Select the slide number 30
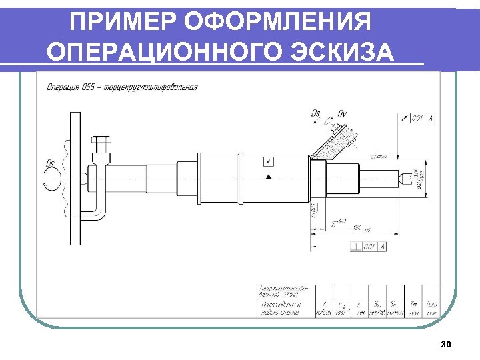pos(446,345)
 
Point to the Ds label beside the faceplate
pos(51,163)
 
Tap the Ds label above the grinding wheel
pos(316,113)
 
